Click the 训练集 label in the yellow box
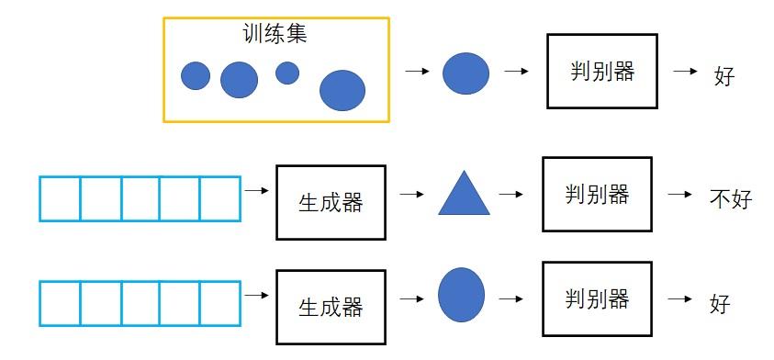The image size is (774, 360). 275,35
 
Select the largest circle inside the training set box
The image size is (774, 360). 342,90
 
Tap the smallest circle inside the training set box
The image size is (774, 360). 287,73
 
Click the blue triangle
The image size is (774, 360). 464,195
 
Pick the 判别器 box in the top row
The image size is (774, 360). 601,71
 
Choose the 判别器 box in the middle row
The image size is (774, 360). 597,194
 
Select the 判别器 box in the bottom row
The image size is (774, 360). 597,298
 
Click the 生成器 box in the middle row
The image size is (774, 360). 331,202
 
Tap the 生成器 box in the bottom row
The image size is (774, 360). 331,307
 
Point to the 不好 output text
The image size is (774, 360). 731,198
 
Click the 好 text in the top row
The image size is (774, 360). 724,75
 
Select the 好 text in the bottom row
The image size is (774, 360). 720,302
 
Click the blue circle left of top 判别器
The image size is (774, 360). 466,73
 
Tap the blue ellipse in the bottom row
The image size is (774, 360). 461,295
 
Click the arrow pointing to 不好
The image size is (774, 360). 679,195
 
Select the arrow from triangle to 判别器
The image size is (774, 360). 510,195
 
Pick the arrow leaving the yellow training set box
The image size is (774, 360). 418,71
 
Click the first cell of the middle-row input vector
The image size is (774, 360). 60,198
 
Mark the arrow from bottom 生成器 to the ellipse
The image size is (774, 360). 412,298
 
